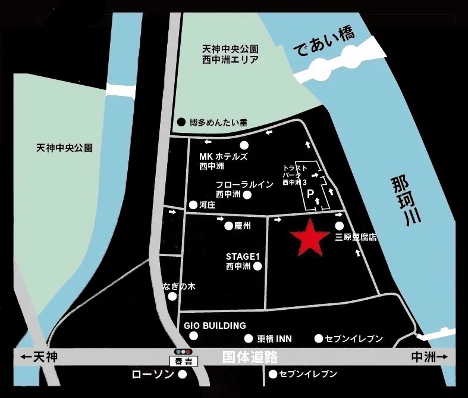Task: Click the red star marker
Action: pos(309,238)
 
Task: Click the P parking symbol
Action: pos(310,194)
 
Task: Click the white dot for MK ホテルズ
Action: pos(244,146)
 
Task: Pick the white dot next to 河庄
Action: pos(193,205)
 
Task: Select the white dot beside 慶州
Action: pos(228,226)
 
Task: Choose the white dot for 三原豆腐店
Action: pos(340,226)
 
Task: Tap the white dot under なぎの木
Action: pos(172,296)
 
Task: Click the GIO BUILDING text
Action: pos(215,326)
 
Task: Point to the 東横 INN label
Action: pos(274,338)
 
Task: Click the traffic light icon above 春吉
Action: pos(181,352)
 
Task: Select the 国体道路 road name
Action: pos(250,357)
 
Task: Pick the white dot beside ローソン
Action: pos(183,374)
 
